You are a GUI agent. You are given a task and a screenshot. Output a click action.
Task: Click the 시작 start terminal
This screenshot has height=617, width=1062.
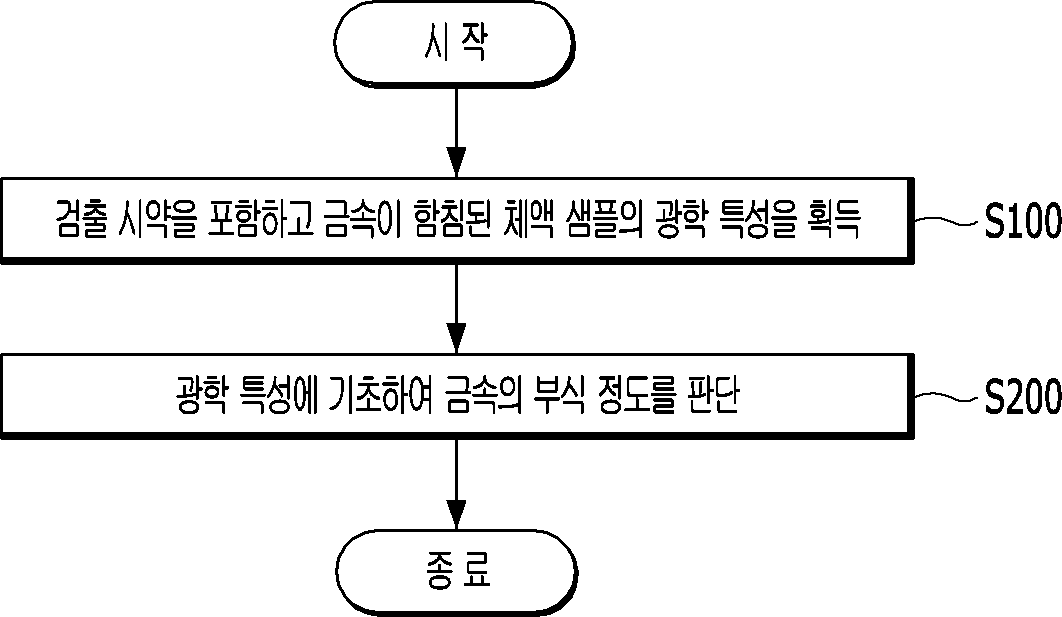pyautogui.click(x=455, y=44)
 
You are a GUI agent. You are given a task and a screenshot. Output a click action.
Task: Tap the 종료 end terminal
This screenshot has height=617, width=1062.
pyautogui.click(x=457, y=572)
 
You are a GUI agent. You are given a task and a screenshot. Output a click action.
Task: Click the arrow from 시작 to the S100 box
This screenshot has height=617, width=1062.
pyautogui.click(x=457, y=132)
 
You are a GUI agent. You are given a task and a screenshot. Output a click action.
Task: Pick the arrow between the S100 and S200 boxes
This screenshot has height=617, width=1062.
pyautogui.click(x=457, y=308)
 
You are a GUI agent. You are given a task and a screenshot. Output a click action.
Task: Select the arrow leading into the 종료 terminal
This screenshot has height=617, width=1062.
pyautogui.click(x=457, y=485)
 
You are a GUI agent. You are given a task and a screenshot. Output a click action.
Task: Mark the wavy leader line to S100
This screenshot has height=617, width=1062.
pyautogui.click(x=949, y=220)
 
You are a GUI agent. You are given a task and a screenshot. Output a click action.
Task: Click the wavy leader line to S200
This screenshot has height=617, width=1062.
pyautogui.click(x=949, y=397)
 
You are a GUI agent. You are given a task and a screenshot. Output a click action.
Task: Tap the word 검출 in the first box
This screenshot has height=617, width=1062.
pyautogui.click(x=80, y=220)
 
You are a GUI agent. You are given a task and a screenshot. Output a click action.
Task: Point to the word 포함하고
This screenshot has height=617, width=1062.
pyautogui.click(x=261, y=220)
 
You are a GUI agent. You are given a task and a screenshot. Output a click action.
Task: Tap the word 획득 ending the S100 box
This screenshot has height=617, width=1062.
pyautogui.click(x=834, y=220)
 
